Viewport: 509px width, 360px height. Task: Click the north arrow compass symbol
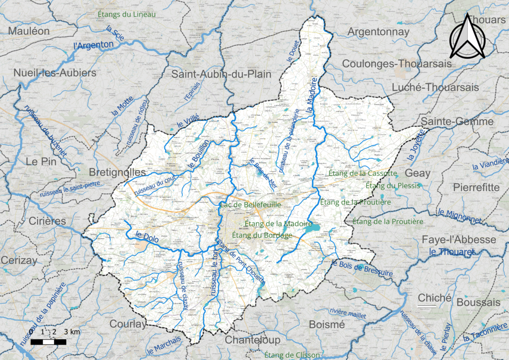pos(467,36)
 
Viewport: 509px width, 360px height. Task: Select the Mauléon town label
pos(29,31)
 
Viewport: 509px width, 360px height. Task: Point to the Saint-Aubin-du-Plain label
pos(221,75)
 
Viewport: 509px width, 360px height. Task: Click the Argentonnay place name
pos(378,32)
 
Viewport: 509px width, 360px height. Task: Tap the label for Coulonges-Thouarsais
pos(397,64)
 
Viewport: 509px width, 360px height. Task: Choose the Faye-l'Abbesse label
pos(458,240)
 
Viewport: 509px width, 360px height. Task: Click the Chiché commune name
pos(434,298)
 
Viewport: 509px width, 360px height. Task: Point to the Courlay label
pos(128,324)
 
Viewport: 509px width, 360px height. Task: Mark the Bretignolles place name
pos(117,172)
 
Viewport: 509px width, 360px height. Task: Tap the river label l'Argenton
pos(93,45)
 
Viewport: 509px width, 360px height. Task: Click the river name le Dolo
pos(147,238)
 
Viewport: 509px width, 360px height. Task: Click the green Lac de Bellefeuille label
pos(251,205)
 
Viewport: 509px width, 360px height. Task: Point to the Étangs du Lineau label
pos(126,14)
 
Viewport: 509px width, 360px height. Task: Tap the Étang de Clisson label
pos(292,355)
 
